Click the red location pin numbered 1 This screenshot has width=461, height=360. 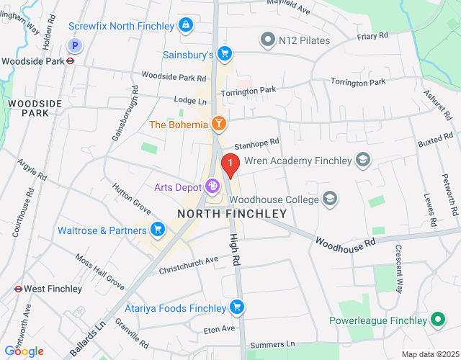[x=230, y=166]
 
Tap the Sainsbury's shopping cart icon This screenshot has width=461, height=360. [x=225, y=54]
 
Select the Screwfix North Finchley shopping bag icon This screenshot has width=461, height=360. [x=187, y=26]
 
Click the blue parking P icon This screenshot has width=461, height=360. [x=74, y=45]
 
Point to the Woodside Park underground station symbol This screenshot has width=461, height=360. [x=71, y=61]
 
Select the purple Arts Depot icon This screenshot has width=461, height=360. [x=212, y=187]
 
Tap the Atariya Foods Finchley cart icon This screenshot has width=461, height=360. [x=236, y=308]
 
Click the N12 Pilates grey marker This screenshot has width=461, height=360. [x=268, y=39]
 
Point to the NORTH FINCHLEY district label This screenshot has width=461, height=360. [x=232, y=214]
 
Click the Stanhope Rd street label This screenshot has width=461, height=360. [x=256, y=144]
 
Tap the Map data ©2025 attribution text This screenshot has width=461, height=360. [x=429, y=354]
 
